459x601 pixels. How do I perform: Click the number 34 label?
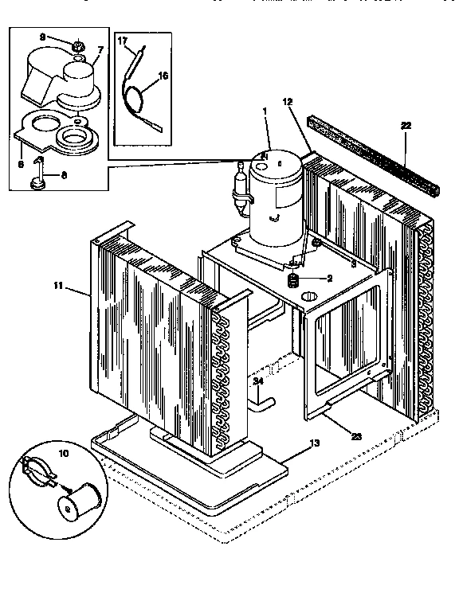coord(257,381)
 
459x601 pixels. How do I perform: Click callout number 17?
coord(123,40)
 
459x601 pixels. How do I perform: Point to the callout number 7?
coord(100,50)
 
